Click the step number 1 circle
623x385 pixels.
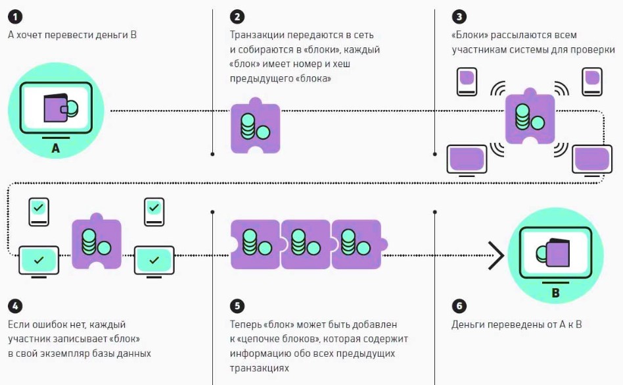click(15, 15)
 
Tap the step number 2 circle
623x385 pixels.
click(237, 15)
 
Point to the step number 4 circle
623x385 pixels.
click(15, 306)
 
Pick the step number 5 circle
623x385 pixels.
click(237, 306)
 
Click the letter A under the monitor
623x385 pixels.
click(55, 149)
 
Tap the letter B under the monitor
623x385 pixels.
click(555, 293)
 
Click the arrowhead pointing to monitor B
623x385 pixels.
click(496, 255)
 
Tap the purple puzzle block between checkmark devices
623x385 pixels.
click(97, 242)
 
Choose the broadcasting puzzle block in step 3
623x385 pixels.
click(530, 118)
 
